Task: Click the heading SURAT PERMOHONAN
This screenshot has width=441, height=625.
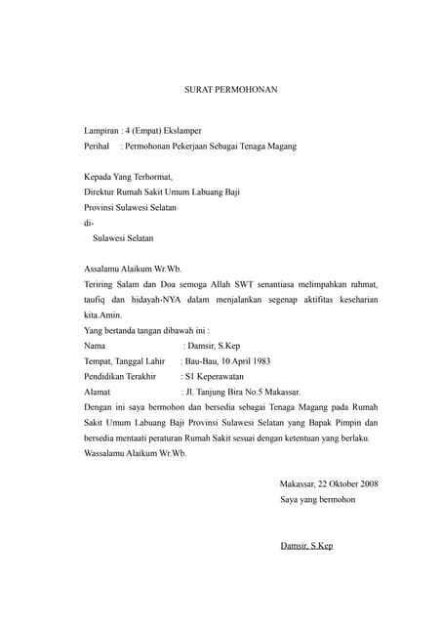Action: [231, 90]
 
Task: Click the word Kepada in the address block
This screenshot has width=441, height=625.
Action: [100, 177]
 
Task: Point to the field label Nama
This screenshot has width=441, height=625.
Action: [96, 346]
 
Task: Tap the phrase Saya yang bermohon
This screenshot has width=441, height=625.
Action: [317, 499]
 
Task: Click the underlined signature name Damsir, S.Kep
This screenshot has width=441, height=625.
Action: [305, 545]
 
